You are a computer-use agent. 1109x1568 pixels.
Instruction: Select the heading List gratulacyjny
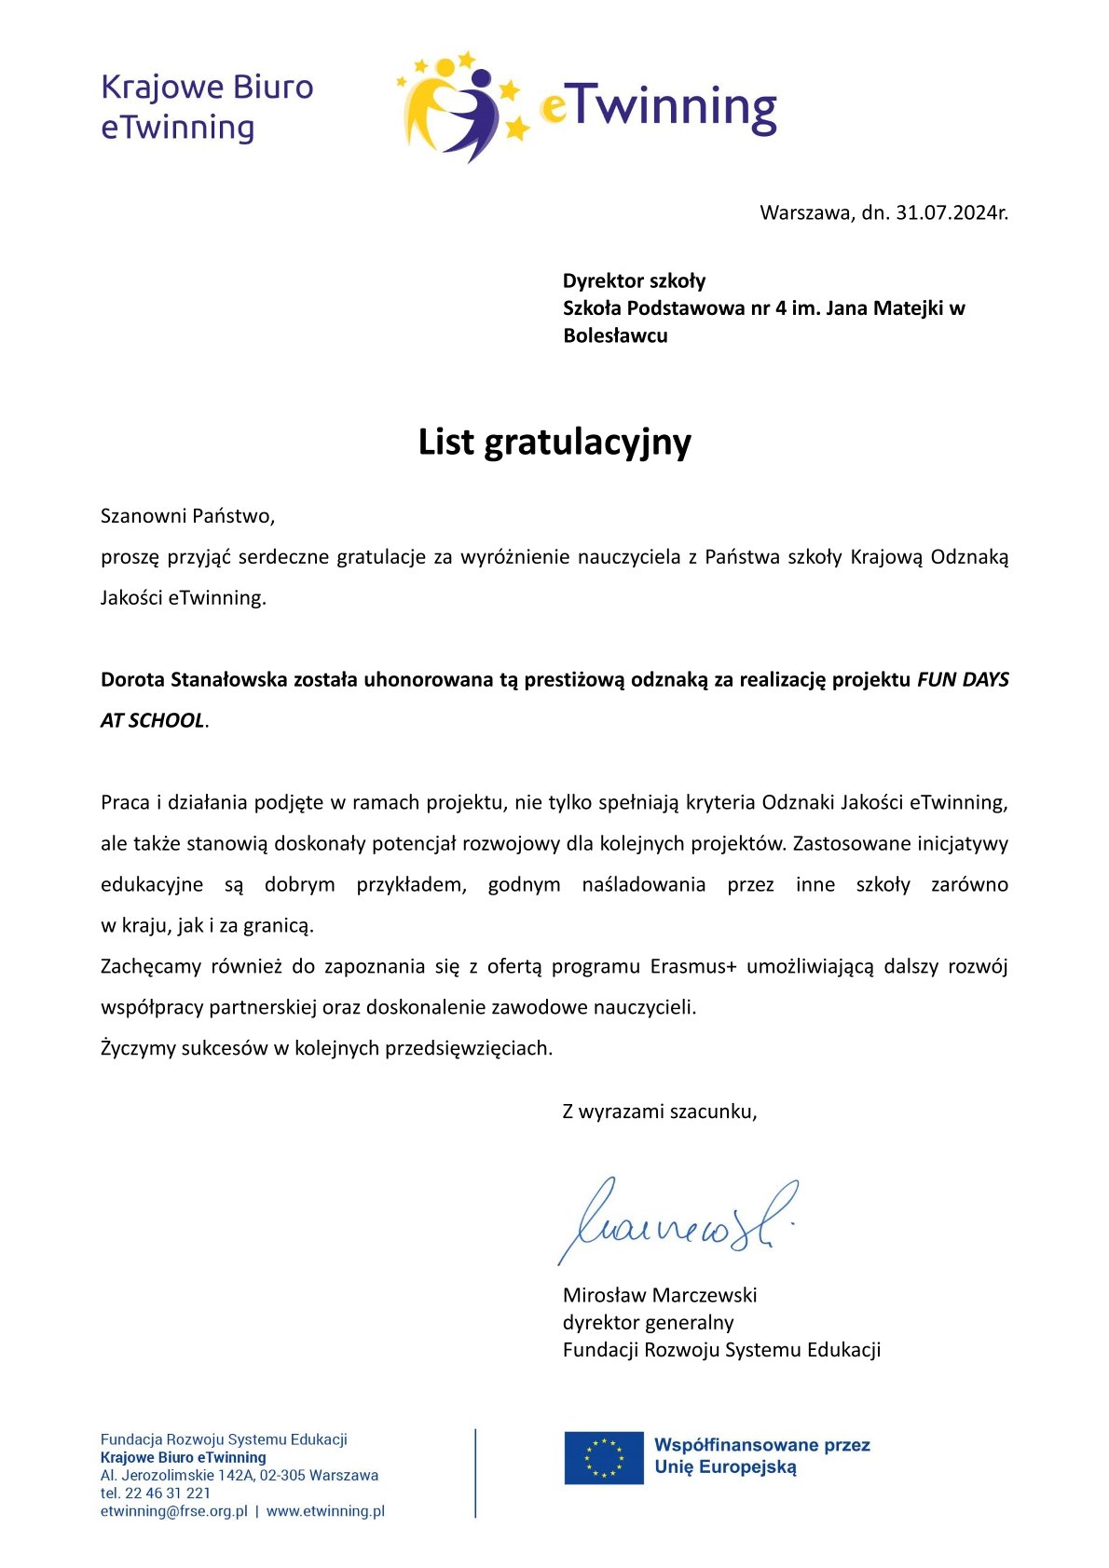(x=554, y=443)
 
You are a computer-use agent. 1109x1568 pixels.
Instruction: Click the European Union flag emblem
(x=604, y=1457)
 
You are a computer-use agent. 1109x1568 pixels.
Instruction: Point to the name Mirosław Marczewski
(x=660, y=1295)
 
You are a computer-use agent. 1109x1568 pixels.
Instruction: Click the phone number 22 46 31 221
(x=168, y=1493)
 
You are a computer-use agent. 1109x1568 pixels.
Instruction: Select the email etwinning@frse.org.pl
(x=174, y=1511)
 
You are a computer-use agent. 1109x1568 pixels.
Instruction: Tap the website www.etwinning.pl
(x=325, y=1511)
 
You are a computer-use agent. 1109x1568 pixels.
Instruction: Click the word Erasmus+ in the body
(x=693, y=966)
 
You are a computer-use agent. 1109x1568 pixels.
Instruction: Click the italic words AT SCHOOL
(x=152, y=720)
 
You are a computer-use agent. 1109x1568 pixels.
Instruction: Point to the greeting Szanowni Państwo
(x=187, y=515)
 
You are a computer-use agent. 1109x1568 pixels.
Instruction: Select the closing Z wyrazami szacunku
(x=659, y=1111)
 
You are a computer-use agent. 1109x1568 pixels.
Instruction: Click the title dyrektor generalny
(x=648, y=1322)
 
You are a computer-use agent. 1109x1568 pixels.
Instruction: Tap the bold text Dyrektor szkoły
(x=634, y=280)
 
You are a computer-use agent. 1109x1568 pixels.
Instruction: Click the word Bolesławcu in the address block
(x=615, y=335)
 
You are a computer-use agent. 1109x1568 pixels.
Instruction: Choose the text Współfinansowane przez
(x=761, y=1445)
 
